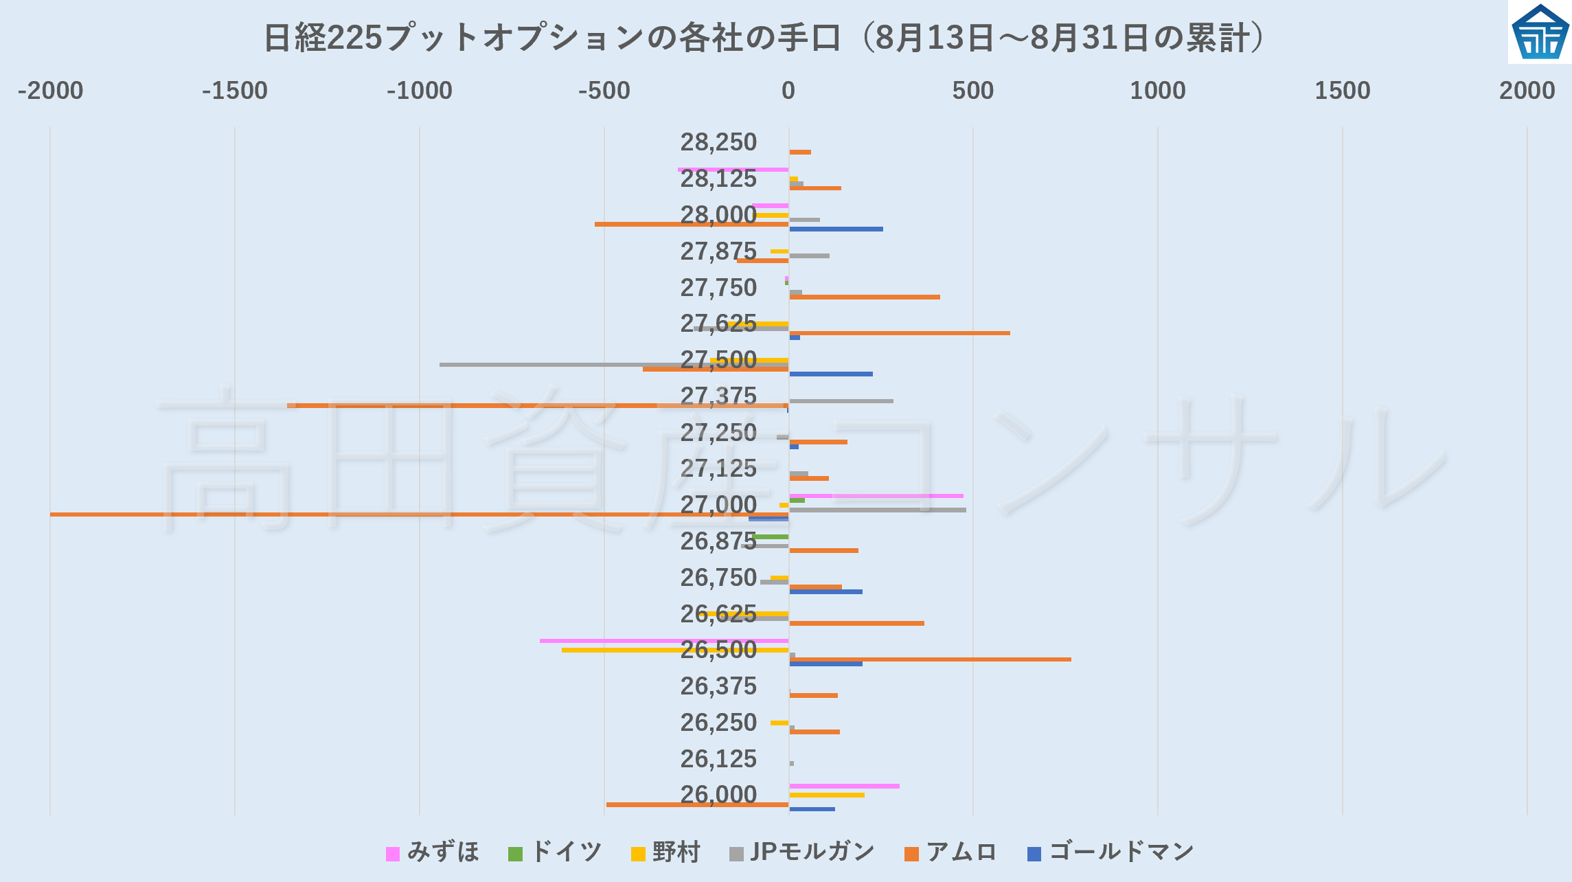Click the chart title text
tap(764, 38)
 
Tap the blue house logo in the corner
tap(1540, 32)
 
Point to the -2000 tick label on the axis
tap(50, 91)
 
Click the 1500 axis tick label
tap(1342, 91)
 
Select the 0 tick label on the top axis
tap(788, 91)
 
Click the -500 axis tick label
tap(604, 91)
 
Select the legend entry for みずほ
tap(433, 852)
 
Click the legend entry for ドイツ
tap(555, 852)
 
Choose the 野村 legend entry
tap(665, 852)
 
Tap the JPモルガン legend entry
tap(801, 852)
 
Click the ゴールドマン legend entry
tap(1110, 852)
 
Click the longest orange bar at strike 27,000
tap(412, 514)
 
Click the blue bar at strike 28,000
tap(836, 229)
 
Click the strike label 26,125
tap(718, 759)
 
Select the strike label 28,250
tap(718, 142)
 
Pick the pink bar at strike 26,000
tap(844, 786)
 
